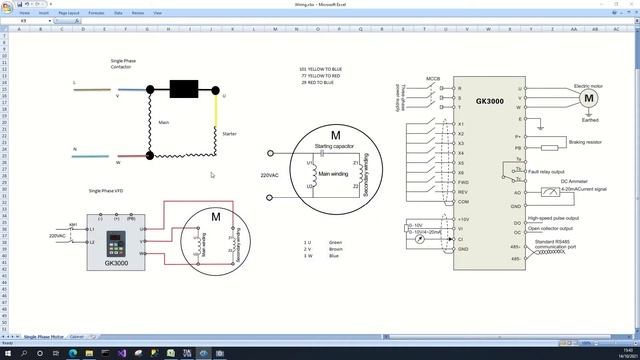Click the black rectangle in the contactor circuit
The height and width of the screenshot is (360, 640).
click(183, 89)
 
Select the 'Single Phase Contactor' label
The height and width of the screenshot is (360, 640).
click(123, 63)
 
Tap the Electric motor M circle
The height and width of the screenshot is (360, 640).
click(589, 98)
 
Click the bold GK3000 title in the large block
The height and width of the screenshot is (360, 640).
click(489, 101)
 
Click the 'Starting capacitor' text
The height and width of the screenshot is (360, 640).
click(336, 146)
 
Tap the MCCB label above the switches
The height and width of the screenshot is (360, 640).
click(433, 77)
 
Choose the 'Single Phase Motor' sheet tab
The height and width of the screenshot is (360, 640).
click(43, 337)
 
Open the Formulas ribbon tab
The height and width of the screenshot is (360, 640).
click(97, 13)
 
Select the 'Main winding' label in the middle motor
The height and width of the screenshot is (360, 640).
click(333, 174)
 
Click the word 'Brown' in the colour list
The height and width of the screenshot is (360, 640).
click(335, 248)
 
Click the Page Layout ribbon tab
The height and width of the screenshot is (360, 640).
click(69, 13)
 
